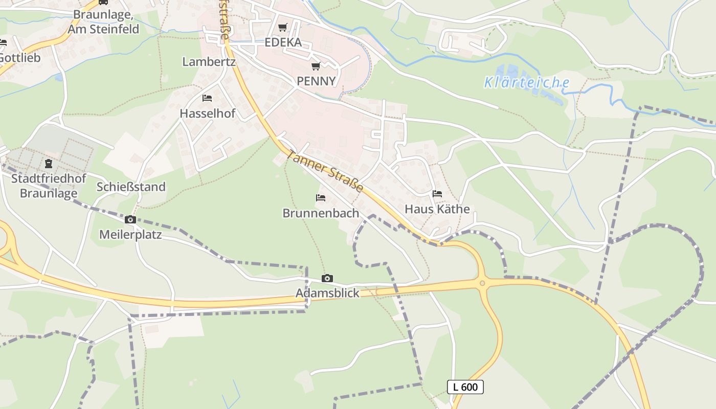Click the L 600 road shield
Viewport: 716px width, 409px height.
pyautogui.click(x=465, y=387)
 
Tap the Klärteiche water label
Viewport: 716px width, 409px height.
pyautogui.click(x=526, y=82)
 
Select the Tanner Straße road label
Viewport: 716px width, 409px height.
pyautogui.click(x=325, y=171)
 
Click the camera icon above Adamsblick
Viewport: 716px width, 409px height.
pyautogui.click(x=327, y=279)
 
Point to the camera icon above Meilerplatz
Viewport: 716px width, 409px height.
pyautogui.click(x=130, y=220)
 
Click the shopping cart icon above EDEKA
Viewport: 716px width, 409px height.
pyautogui.click(x=283, y=28)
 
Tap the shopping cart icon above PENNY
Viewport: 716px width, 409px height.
pyautogui.click(x=316, y=66)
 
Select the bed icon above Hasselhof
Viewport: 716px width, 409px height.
pyautogui.click(x=207, y=98)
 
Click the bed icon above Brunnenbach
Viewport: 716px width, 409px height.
pyautogui.click(x=321, y=197)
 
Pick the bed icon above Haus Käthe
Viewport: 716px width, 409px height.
pyautogui.click(x=437, y=194)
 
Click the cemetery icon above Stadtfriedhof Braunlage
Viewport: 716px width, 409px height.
pyautogui.click(x=49, y=164)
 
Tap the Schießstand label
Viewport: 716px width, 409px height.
pyautogui.click(x=131, y=187)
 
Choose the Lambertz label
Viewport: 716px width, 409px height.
pyautogui.click(x=209, y=62)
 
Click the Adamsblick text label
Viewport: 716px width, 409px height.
pyautogui.click(x=327, y=293)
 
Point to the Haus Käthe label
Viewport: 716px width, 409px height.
pyautogui.click(x=437, y=209)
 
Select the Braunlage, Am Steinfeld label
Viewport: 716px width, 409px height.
pyautogui.click(x=106, y=21)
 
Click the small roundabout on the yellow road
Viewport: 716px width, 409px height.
pyautogui.click(x=482, y=283)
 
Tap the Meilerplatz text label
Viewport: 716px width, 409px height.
pyautogui.click(x=130, y=235)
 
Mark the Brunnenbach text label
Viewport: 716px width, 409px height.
pyautogui.click(x=321, y=213)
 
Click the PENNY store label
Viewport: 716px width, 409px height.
pyautogui.click(x=316, y=81)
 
